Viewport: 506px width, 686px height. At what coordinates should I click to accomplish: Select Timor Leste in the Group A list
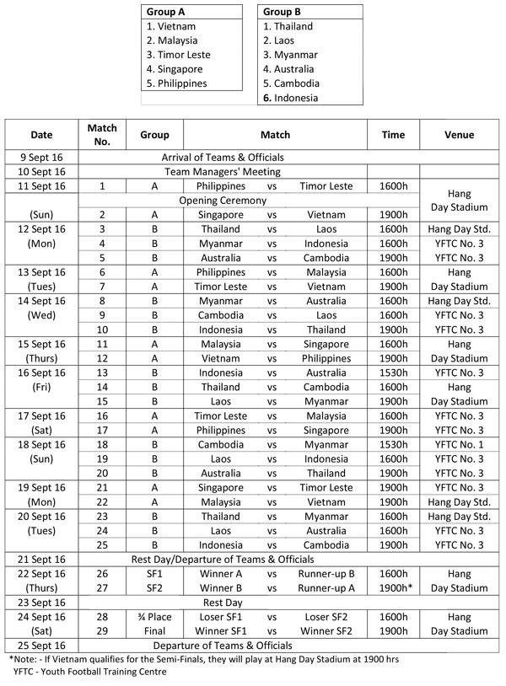178,55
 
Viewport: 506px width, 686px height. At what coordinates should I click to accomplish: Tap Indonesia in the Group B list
291,98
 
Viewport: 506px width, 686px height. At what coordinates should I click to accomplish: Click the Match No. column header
101,135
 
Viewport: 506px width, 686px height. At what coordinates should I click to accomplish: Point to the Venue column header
459,135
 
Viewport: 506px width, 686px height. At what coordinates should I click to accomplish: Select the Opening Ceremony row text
223,201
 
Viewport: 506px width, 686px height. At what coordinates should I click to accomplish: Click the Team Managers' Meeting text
223,171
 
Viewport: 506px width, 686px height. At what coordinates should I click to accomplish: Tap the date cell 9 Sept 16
41,157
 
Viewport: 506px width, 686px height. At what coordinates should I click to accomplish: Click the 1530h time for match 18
393,444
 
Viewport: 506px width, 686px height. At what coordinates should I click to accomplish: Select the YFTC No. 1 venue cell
459,444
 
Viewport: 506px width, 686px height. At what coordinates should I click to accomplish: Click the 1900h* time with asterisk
394,587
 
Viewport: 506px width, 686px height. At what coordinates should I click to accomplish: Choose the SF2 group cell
154,587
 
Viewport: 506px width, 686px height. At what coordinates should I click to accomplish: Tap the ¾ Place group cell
154,617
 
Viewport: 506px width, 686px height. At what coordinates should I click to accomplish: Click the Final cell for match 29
154,631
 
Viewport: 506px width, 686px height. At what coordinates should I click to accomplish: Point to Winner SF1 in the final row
223,631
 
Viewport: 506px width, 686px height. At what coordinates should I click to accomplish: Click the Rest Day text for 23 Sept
223,603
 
